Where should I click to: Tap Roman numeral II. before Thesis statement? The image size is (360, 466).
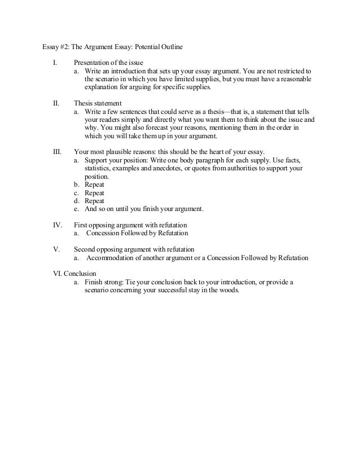click(56, 104)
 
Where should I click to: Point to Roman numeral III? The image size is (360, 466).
click(58, 152)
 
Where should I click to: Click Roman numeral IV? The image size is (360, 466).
click(58, 225)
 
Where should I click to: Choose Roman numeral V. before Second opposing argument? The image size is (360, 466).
click(56, 249)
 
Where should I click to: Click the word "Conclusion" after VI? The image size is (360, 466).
click(81, 272)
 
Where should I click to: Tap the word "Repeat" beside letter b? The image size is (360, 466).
click(94, 184)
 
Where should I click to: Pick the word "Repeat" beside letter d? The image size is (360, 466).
click(94, 200)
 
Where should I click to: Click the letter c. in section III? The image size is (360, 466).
click(77, 192)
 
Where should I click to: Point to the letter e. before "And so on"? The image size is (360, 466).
click(77, 208)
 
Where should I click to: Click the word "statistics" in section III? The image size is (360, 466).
click(98, 168)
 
